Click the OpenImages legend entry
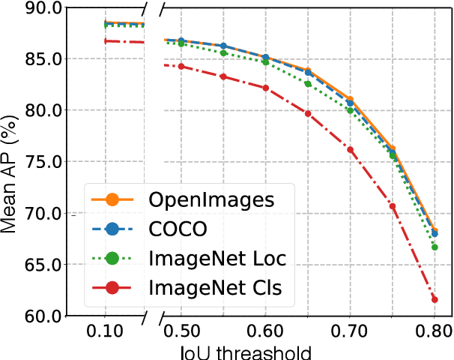201,199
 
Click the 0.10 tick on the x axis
105,331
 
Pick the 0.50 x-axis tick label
181,331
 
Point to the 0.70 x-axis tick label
350,331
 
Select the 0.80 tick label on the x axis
434,331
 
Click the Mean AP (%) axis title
10,161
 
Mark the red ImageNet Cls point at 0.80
435,299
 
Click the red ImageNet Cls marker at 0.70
350,150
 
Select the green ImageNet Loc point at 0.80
435,247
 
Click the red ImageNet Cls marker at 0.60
266,88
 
